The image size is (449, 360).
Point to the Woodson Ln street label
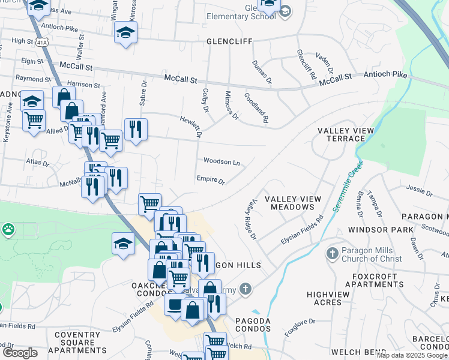[221, 162]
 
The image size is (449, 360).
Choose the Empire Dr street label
[210, 179]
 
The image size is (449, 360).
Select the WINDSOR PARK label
[380, 230]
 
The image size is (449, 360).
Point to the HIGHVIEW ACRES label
[332, 298]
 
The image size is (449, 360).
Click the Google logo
[20, 353]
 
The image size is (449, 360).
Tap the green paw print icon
[8, 229]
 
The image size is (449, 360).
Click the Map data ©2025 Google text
[412, 355]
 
